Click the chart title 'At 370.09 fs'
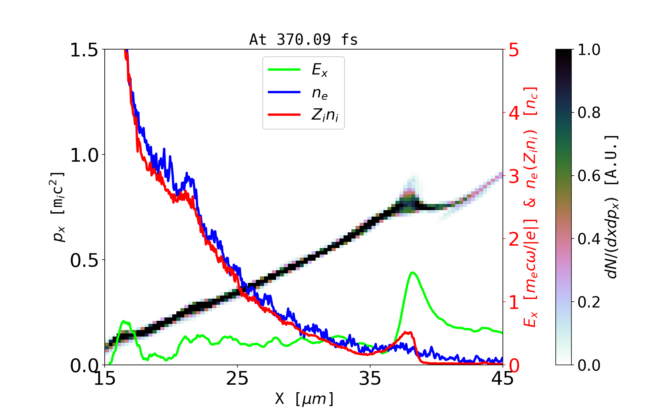tap(303, 40)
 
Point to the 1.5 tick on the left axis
tap(84, 50)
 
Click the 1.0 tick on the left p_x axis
tap(84, 155)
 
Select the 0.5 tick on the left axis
tap(84, 260)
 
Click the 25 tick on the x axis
tap(237, 379)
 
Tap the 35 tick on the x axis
tap(370, 379)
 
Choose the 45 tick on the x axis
tap(503, 379)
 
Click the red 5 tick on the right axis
tap(514, 50)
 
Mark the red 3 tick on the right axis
tap(514, 176)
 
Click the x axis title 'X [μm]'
tap(304, 398)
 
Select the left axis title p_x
tap(58, 207)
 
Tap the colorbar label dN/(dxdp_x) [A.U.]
tap(613, 207)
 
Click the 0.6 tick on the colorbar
tap(589, 176)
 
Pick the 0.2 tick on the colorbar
tap(589, 302)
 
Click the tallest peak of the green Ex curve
tap(413, 272)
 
